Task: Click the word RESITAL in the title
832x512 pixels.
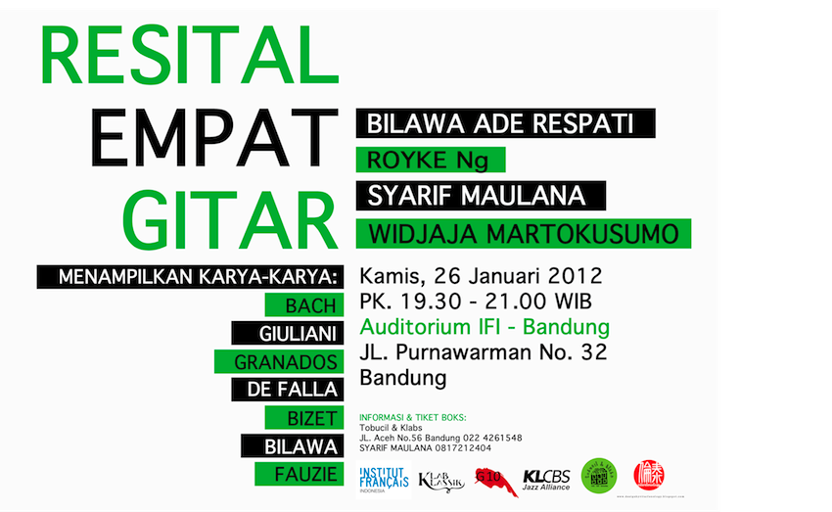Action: [182, 56]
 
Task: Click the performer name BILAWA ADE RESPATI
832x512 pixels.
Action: [505, 124]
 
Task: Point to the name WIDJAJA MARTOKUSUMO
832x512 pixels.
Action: [523, 234]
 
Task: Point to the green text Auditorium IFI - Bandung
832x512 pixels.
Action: [485, 326]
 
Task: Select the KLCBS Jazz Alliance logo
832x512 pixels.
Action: [546, 480]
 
